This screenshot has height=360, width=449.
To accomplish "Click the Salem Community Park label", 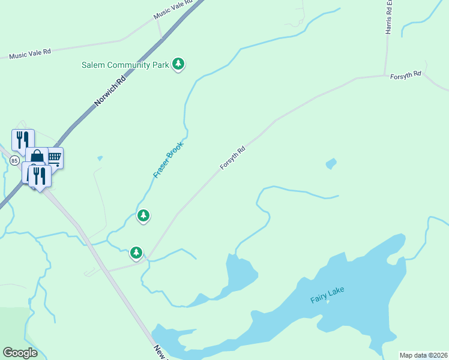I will [x=125, y=65].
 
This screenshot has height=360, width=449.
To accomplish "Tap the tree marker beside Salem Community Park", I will [x=178, y=64].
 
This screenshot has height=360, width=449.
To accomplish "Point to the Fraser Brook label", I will [x=168, y=159].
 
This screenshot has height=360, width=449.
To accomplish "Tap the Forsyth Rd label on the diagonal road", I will [x=233, y=158].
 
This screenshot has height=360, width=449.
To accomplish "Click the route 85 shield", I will [x=14, y=160].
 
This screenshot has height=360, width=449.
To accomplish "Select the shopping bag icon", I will [x=37, y=158].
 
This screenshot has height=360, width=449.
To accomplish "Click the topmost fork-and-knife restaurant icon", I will [x=23, y=139].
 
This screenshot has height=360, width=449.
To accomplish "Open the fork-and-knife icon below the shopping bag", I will [x=40, y=175].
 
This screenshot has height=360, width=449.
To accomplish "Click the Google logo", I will [x=20, y=352].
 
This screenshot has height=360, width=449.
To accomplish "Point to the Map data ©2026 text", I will [x=423, y=355].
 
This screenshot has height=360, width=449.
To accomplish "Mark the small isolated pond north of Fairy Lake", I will [x=331, y=163].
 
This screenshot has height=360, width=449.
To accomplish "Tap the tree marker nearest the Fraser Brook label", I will [x=143, y=215].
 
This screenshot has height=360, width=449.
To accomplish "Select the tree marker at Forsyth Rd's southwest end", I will [x=137, y=253].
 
